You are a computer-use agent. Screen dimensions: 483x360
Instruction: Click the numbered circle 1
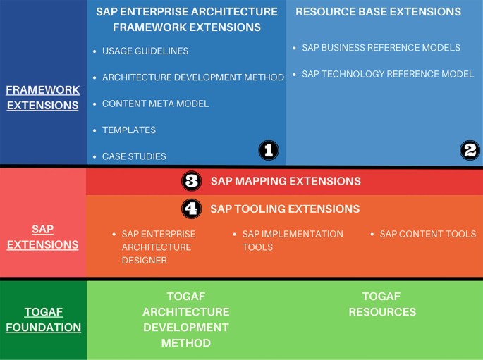pos(269,150)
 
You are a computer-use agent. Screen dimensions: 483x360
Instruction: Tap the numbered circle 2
pos(470,150)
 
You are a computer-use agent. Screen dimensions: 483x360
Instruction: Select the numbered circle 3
pos(192,180)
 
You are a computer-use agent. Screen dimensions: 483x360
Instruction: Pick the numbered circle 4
pos(192,209)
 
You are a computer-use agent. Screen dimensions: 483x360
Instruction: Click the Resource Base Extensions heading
pos(378,12)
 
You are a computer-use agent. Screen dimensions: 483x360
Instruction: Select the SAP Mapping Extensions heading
pos(286,181)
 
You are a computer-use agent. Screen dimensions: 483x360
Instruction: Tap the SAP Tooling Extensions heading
pos(285,209)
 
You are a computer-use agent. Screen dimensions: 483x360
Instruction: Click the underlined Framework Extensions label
pos(42,97)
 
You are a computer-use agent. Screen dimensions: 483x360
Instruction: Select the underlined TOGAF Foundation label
pos(44,320)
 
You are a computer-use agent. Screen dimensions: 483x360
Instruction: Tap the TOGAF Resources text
pos(382,304)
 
